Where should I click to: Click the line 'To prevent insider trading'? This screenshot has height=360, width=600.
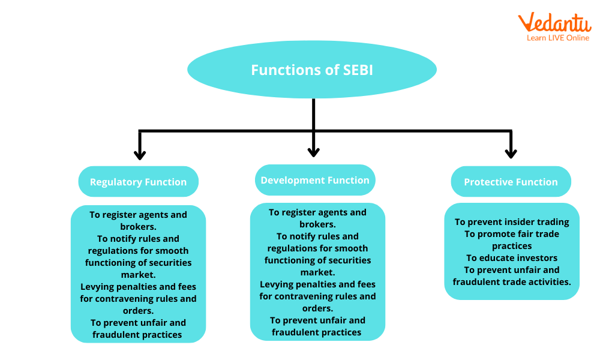(x=512, y=222)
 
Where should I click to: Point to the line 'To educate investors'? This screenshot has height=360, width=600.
(x=512, y=258)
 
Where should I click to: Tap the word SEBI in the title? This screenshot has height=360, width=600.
(x=358, y=70)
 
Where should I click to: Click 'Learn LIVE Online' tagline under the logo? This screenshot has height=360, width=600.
(x=558, y=38)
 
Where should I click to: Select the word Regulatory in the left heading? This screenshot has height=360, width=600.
(x=116, y=182)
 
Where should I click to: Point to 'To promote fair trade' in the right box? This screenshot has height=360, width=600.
(x=512, y=234)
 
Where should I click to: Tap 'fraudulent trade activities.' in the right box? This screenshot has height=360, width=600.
(x=512, y=282)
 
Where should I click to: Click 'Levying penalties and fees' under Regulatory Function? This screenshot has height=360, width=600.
(x=138, y=287)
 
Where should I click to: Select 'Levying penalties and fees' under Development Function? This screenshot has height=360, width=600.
(x=317, y=284)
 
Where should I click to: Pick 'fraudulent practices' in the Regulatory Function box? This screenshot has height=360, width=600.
(x=137, y=335)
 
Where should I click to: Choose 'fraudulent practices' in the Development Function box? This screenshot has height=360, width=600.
(x=317, y=332)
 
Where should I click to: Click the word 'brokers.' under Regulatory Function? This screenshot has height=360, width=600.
(x=138, y=227)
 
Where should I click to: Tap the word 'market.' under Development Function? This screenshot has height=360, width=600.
(x=317, y=272)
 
